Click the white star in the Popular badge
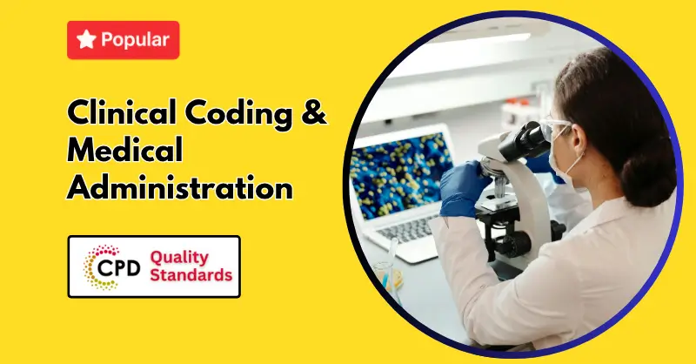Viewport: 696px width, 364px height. (x=86, y=39)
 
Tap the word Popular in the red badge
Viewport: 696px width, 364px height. (x=135, y=40)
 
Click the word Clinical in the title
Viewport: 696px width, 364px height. (x=122, y=111)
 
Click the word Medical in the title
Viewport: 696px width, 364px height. (x=124, y=149)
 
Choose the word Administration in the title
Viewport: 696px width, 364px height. (x=180, y=187)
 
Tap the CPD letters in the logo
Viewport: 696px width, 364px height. (x=118, y=267)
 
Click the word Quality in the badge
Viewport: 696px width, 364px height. (x=179, y=258)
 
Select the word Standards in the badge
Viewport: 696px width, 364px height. (x=191, y=274)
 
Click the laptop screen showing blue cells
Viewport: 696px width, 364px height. (x=401, y=176)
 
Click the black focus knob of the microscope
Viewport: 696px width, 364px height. (x=517, y=244)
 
